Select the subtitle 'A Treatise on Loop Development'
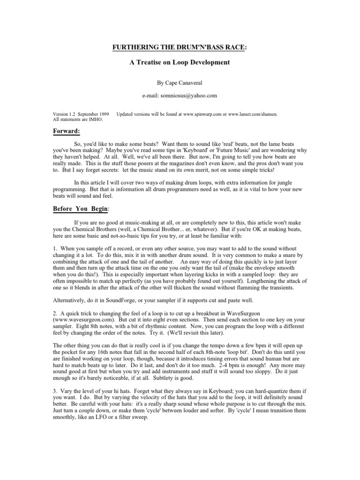click(x=180, y=62)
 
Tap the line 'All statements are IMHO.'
click(x=79, y=120)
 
